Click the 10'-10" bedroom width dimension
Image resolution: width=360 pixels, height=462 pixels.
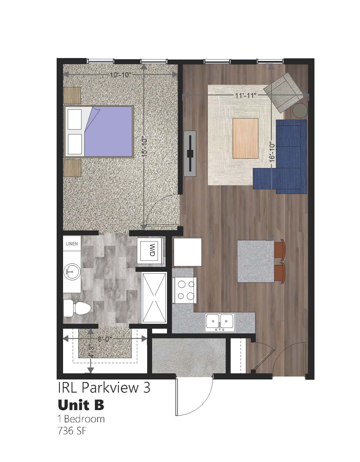pos(120,75)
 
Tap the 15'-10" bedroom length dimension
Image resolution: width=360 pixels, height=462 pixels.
pos(145,147)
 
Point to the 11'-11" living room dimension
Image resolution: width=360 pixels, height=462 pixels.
pos(245,95)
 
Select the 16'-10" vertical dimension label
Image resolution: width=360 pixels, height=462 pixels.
pos(272,152)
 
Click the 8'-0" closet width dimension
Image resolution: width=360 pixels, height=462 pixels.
pos(105,339)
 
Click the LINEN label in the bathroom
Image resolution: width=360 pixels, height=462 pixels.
pos(72,244)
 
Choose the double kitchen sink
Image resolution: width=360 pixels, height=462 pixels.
pos(220,322)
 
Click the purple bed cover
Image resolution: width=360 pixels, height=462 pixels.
pos(109,132)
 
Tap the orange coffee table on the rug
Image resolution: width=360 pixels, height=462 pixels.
pos(246,139)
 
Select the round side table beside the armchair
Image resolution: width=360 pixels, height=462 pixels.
pos(300,110)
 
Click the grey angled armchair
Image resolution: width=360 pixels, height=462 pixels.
pos(283,92)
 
